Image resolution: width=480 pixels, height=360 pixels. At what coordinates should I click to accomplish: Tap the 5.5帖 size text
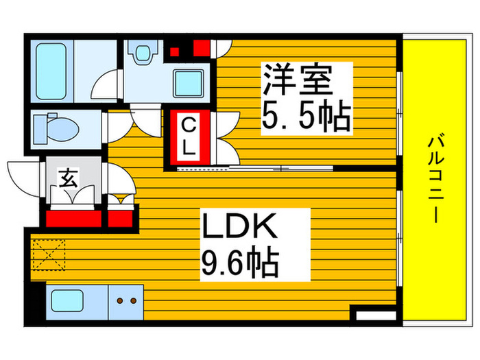point(306,117)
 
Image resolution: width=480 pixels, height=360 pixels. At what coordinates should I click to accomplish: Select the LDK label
point(238,227)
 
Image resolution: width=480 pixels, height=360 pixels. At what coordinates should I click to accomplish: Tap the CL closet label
point(189,136)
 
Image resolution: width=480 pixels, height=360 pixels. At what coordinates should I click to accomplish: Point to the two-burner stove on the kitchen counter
point(124,300)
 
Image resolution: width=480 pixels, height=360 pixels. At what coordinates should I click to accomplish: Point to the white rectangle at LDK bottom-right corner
point(373,317)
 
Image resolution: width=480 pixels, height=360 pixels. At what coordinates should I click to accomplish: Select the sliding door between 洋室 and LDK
point(254,167)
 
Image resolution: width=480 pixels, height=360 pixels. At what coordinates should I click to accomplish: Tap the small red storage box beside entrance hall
point(122,217)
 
